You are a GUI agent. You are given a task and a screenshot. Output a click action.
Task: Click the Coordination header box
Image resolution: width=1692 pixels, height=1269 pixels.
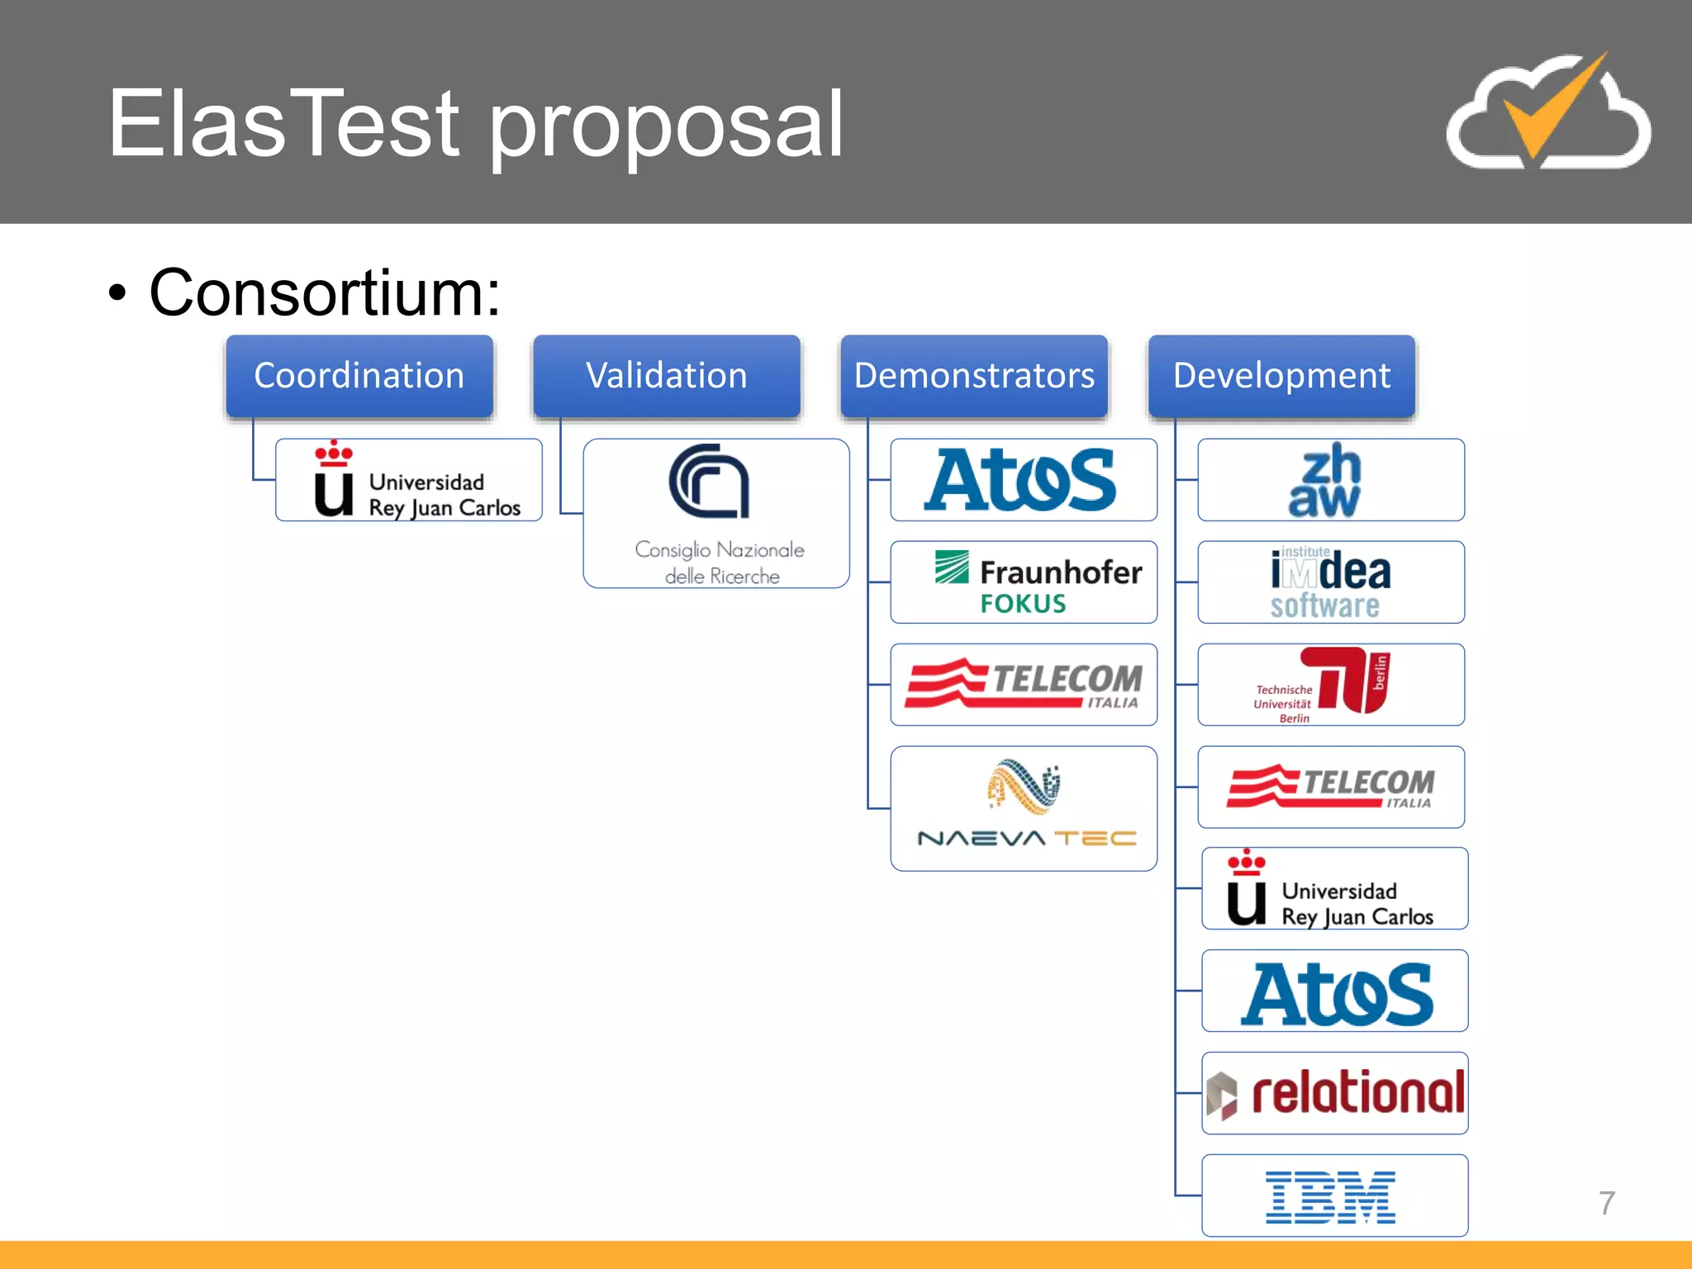click(x=359, y=376)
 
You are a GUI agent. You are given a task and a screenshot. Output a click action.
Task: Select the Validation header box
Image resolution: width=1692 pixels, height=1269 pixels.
click(x=667, y=376)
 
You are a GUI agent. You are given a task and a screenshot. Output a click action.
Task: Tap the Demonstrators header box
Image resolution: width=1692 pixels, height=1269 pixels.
click(x=974, y=376)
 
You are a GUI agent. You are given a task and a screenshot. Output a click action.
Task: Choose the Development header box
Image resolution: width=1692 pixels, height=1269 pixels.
click(x=1281, y=376)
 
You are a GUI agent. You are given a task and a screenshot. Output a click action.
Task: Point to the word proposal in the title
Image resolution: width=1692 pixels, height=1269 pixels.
click(x=666, y=124)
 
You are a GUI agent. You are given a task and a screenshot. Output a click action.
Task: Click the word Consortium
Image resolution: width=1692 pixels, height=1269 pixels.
click(x=325, y=292)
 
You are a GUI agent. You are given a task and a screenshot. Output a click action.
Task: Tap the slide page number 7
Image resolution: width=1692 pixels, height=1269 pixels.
click(x=1606, y=1203)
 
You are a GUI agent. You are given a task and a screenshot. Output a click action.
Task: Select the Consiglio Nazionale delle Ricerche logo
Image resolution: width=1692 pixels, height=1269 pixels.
click(x=716, y=513)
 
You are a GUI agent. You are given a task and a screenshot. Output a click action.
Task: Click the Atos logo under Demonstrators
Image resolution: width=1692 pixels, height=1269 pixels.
click(x=1023, y=480)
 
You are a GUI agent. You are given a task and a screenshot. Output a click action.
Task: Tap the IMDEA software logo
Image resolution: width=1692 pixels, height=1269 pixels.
click(x=1330, y=582)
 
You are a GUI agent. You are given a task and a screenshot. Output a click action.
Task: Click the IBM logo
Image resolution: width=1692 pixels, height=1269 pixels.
click(x=1332, y=1196)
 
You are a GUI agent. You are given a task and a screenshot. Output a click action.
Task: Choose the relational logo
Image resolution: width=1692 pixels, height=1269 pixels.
click(x=1335, y=1093)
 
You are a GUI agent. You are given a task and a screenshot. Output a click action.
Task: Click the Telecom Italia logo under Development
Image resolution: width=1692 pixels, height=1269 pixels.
click(x=1330, y=787)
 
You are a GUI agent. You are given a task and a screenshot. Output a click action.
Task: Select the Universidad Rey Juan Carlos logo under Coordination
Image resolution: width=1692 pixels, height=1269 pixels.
click(x=409, y=480)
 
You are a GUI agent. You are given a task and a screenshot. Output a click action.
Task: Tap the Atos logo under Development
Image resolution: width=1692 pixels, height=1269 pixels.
click(x=1335, y=991)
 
